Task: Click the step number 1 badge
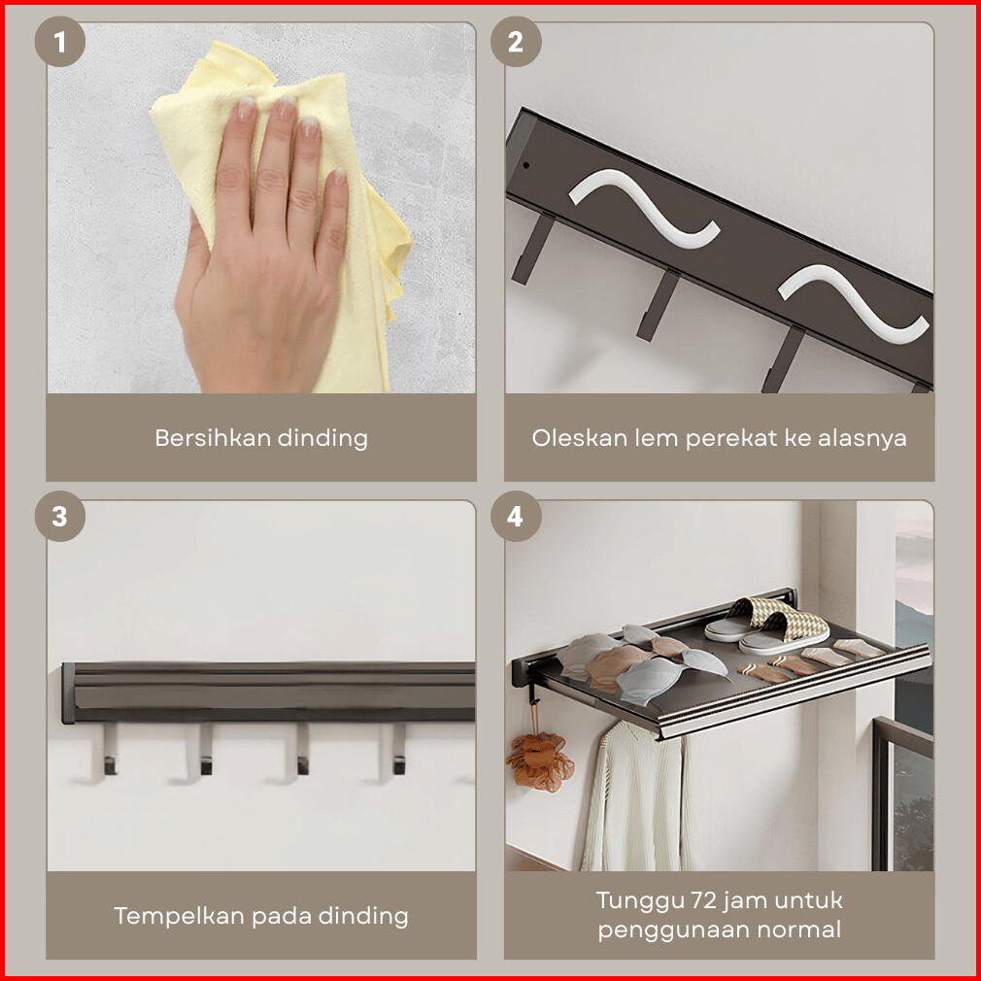[60, 42]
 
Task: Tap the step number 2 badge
[516, 42]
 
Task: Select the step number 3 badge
[60, 516]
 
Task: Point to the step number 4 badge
[516, 516]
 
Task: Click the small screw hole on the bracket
[526, 166]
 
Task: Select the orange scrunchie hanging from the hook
[539, 761]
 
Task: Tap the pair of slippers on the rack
[767, 626]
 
